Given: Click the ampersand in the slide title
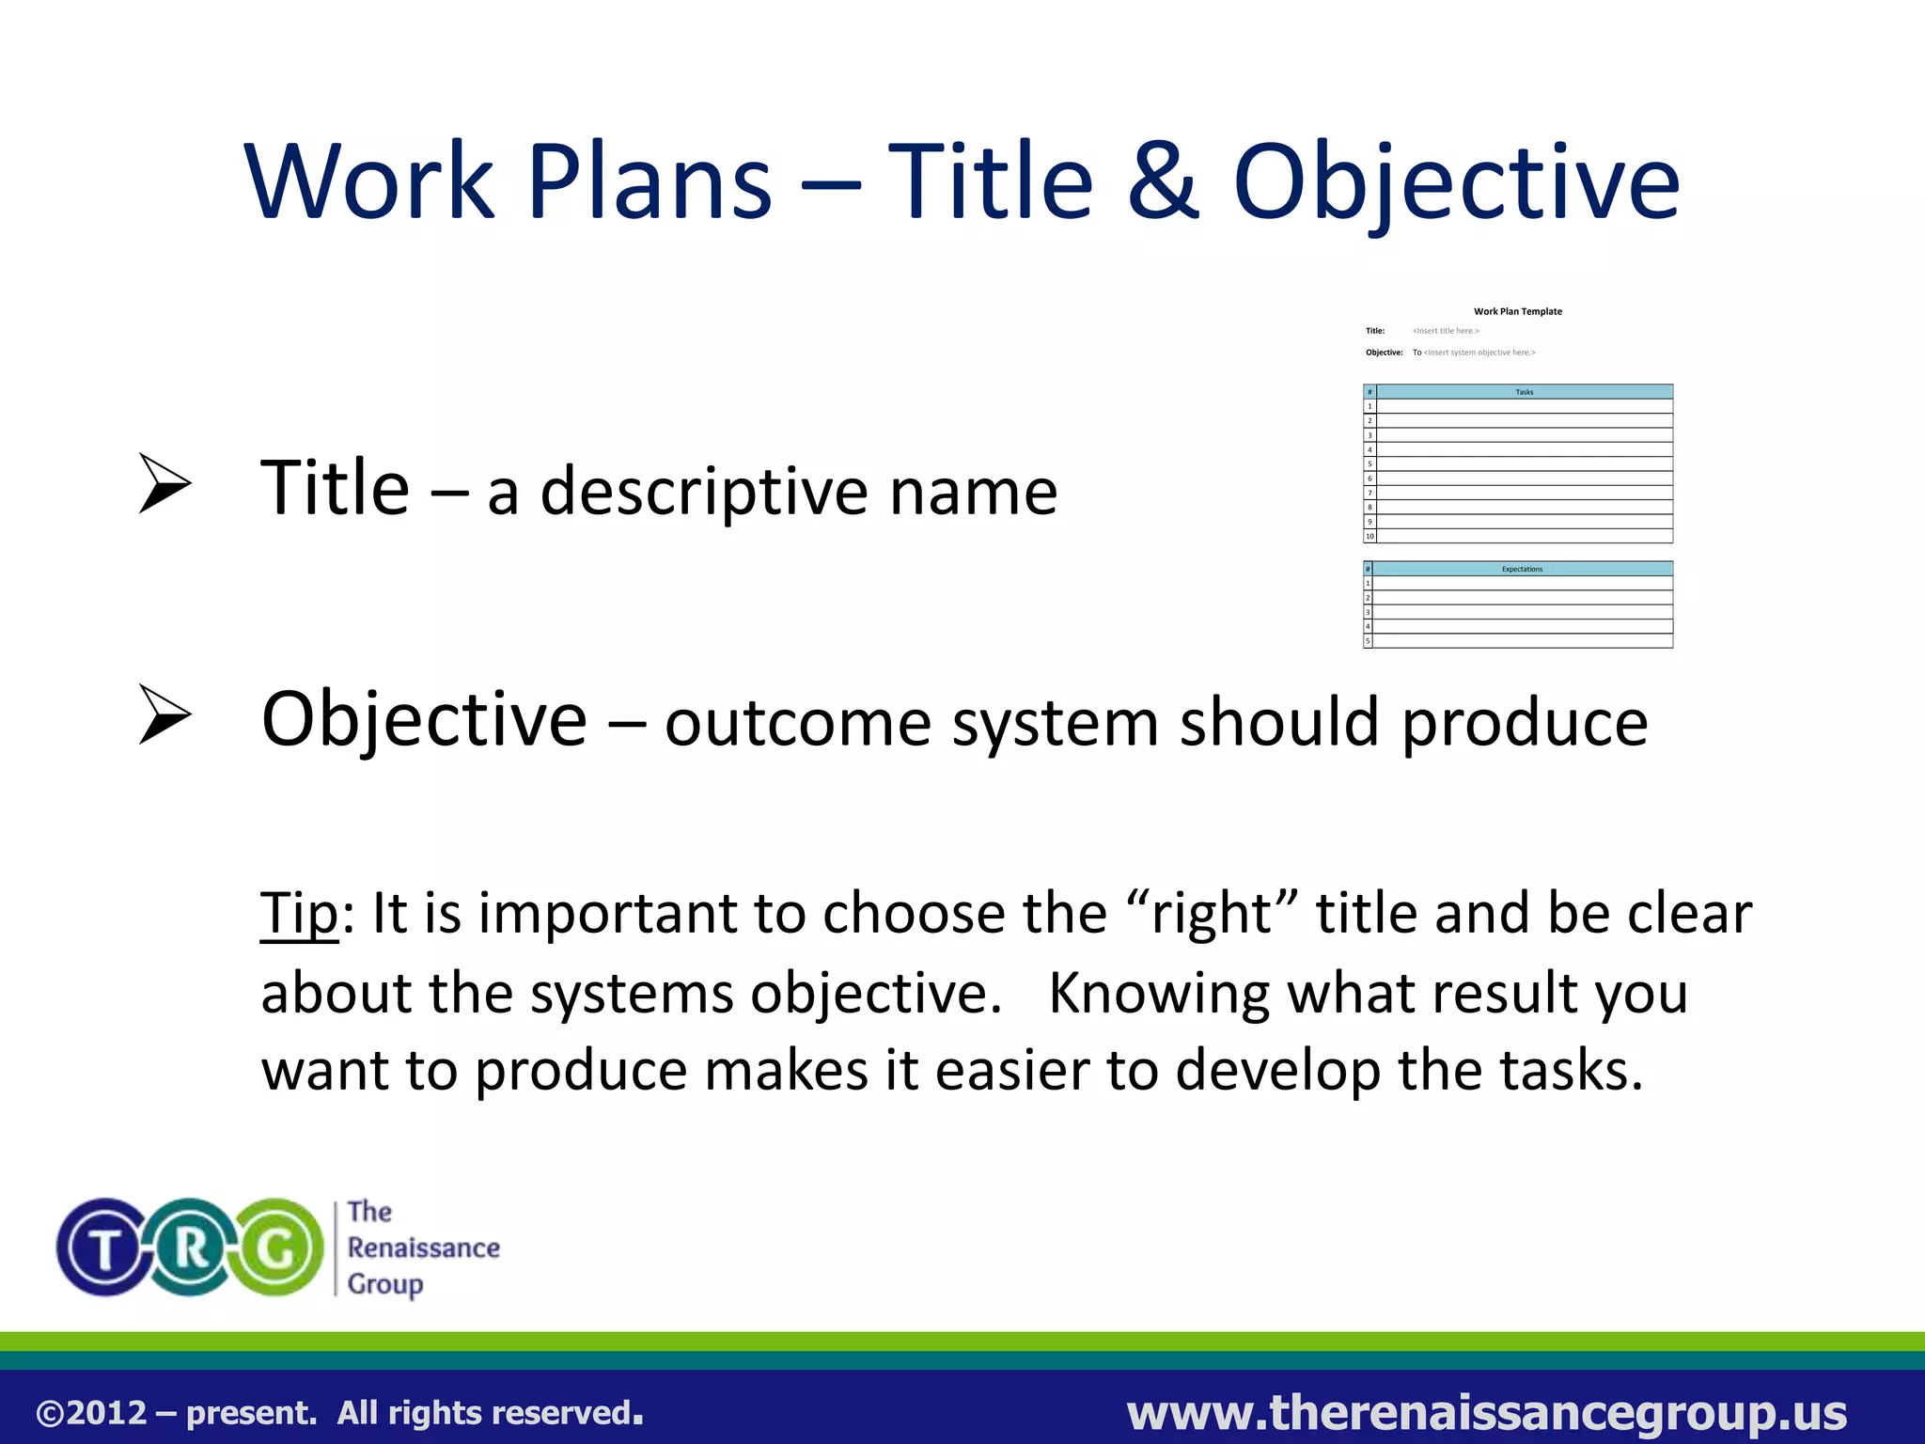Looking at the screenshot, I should tap(1163, 180).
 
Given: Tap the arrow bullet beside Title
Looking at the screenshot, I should tap(164, 483).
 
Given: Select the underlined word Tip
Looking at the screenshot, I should tap(299, 914).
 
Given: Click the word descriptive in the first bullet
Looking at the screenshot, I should tap(703, 493).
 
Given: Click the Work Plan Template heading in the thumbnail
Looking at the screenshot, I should tap(1517, 311).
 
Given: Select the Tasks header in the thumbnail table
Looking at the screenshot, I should tap(1524, 392).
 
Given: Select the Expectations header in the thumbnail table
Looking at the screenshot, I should tap(1522, 569).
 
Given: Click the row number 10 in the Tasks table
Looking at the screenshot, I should tap(1369, 536).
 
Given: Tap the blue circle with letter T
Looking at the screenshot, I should tap(105, 1248).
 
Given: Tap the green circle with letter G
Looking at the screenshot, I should tap(277, 1248).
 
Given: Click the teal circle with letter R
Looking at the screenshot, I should tap(191, 1248).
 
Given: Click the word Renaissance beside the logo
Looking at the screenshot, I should tap(423, 1248).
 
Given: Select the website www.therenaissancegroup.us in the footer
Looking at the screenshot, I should tap(1486, 1412).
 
